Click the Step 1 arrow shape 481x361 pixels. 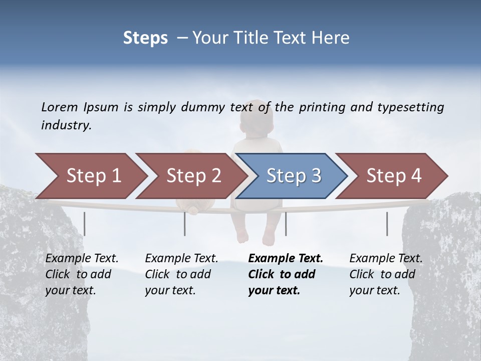93,176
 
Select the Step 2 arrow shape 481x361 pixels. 193,176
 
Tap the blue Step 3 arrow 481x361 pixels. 293,176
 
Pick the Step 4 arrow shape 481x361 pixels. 393,176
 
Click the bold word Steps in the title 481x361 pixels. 145,38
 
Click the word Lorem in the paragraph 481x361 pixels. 59,107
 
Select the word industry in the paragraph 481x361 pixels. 66,125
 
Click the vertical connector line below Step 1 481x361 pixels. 85,224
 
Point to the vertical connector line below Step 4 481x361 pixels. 387,224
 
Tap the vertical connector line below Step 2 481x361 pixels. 185,224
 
